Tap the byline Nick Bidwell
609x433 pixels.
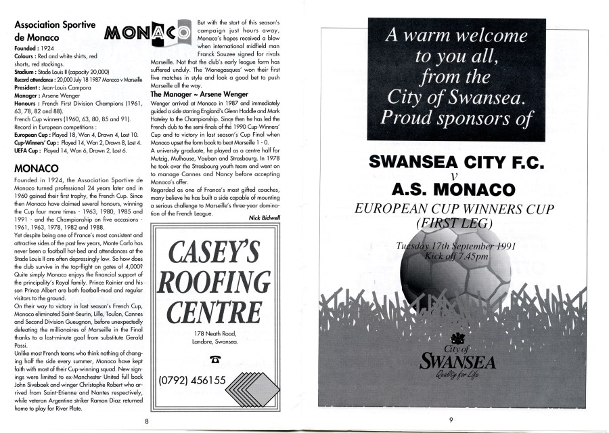point(265,218)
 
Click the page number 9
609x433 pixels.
point(450,420)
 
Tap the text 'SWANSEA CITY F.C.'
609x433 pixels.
point(452,162)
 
